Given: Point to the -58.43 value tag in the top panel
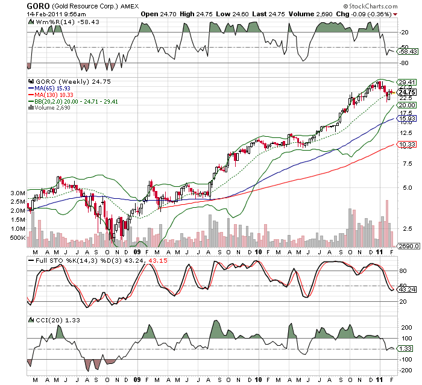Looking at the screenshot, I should tap(407, 52).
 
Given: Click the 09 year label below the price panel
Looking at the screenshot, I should tap(137, 252).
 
